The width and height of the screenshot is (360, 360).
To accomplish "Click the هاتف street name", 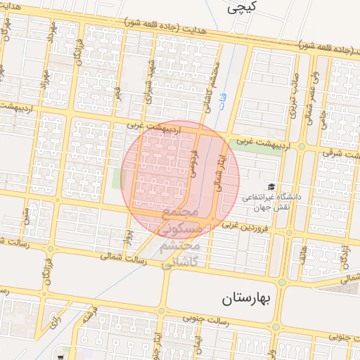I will coord(304,252).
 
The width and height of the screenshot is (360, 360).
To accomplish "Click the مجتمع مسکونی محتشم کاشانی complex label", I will coord(181,237).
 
